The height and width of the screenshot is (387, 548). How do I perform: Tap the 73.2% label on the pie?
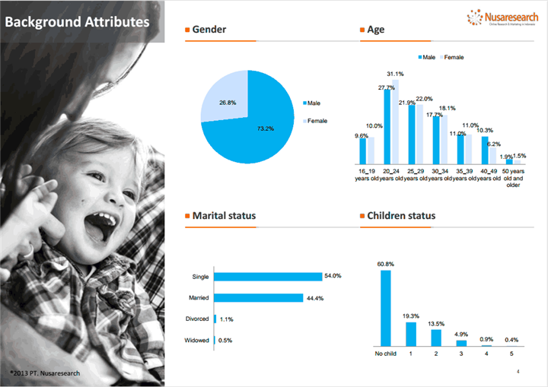tap(264, 128)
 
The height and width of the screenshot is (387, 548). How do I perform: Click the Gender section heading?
tap(209, 30)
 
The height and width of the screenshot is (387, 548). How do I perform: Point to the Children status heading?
tap(401, 216)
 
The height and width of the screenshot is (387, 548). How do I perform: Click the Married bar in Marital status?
tap(259, 297)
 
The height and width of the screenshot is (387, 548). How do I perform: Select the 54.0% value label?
tap(333, 276)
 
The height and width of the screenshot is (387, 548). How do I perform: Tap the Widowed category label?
tap(196, 340)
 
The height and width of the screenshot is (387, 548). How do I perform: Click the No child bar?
tap(385, 308)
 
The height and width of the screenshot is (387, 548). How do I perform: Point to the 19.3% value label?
tap(410, 315)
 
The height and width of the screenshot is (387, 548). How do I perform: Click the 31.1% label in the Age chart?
tap(395, 74)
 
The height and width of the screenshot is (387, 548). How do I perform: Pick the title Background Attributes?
tap(77, 21)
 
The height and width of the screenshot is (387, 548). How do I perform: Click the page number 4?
tap(518, 371)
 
